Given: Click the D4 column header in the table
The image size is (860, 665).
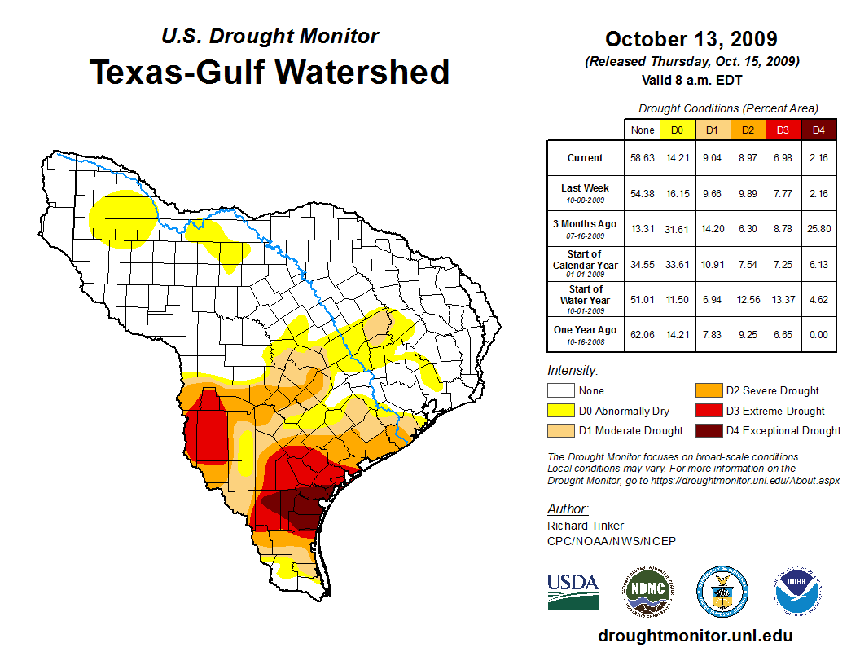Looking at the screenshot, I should [818, 130].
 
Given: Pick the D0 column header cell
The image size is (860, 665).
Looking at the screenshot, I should [677, 130].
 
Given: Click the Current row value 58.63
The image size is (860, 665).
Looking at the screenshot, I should [642, 158].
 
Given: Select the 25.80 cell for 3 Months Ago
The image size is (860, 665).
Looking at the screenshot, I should [818, 229].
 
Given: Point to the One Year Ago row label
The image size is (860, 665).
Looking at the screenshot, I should [586, 330].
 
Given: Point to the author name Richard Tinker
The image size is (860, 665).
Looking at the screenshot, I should [586, 526].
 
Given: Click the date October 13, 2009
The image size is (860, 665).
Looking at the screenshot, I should [691, 39].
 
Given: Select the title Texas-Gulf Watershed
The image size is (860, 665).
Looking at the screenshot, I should [270, 72].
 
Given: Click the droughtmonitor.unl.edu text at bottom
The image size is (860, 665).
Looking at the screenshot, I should [695, 636].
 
